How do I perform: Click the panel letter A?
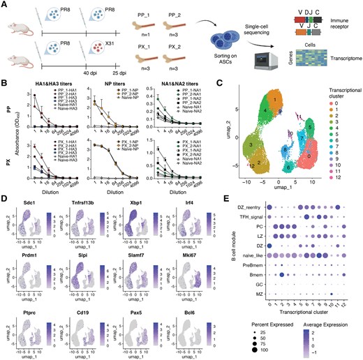coord(5,5)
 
